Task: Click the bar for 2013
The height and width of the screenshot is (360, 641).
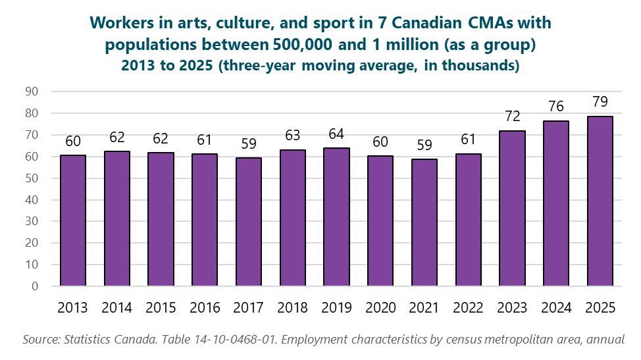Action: point(72,221)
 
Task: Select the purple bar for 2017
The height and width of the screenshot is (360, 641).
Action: point(249,222)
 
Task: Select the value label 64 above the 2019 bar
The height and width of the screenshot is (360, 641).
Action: point(336,134)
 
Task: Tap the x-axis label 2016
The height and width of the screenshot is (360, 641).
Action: point(205,308)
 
